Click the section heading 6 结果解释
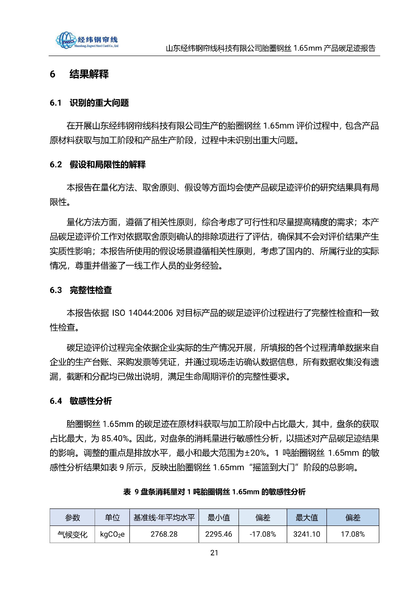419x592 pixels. [x=79, y=74]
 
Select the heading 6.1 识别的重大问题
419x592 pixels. [x=89, y=103]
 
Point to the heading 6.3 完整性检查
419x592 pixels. [x=81, y=290]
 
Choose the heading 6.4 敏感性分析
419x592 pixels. [x=81, y=401]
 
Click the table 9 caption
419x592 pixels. [x=214, y=492]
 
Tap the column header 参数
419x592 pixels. [x=72, y=517]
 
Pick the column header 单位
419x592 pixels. [x=112, y=517]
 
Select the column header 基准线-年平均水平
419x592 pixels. [x=164, y=517]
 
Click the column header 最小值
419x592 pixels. [x=218, y=517]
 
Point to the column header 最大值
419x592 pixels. [x=307, y=517]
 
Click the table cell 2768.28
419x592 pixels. [x=164, y=534]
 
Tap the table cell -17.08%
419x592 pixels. [x=263, y=534]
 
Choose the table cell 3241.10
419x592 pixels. [x=307, y=534]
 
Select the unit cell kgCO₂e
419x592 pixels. [x=112, y=534]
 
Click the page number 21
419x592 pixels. [x=214, y=553]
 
